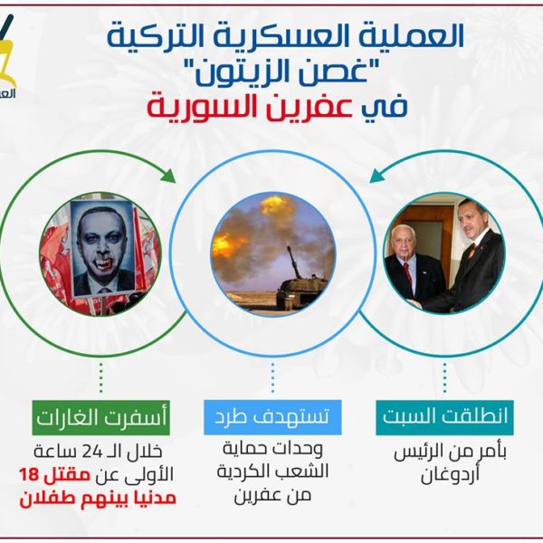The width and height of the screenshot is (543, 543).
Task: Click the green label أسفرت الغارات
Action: (100, 417)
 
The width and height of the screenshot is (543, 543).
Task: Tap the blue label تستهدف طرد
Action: (272, 417)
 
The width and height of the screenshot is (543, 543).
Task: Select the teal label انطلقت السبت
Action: (444, 417)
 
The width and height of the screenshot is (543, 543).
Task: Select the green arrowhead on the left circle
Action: (169, 176)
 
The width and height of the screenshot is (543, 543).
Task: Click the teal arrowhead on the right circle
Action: (377, 176)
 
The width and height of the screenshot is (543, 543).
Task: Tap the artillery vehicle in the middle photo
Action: (298, 284)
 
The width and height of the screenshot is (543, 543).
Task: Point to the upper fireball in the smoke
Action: (274, 205)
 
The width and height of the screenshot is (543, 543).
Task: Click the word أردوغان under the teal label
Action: (450, 475)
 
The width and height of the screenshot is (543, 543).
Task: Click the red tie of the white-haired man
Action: (408, 273)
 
